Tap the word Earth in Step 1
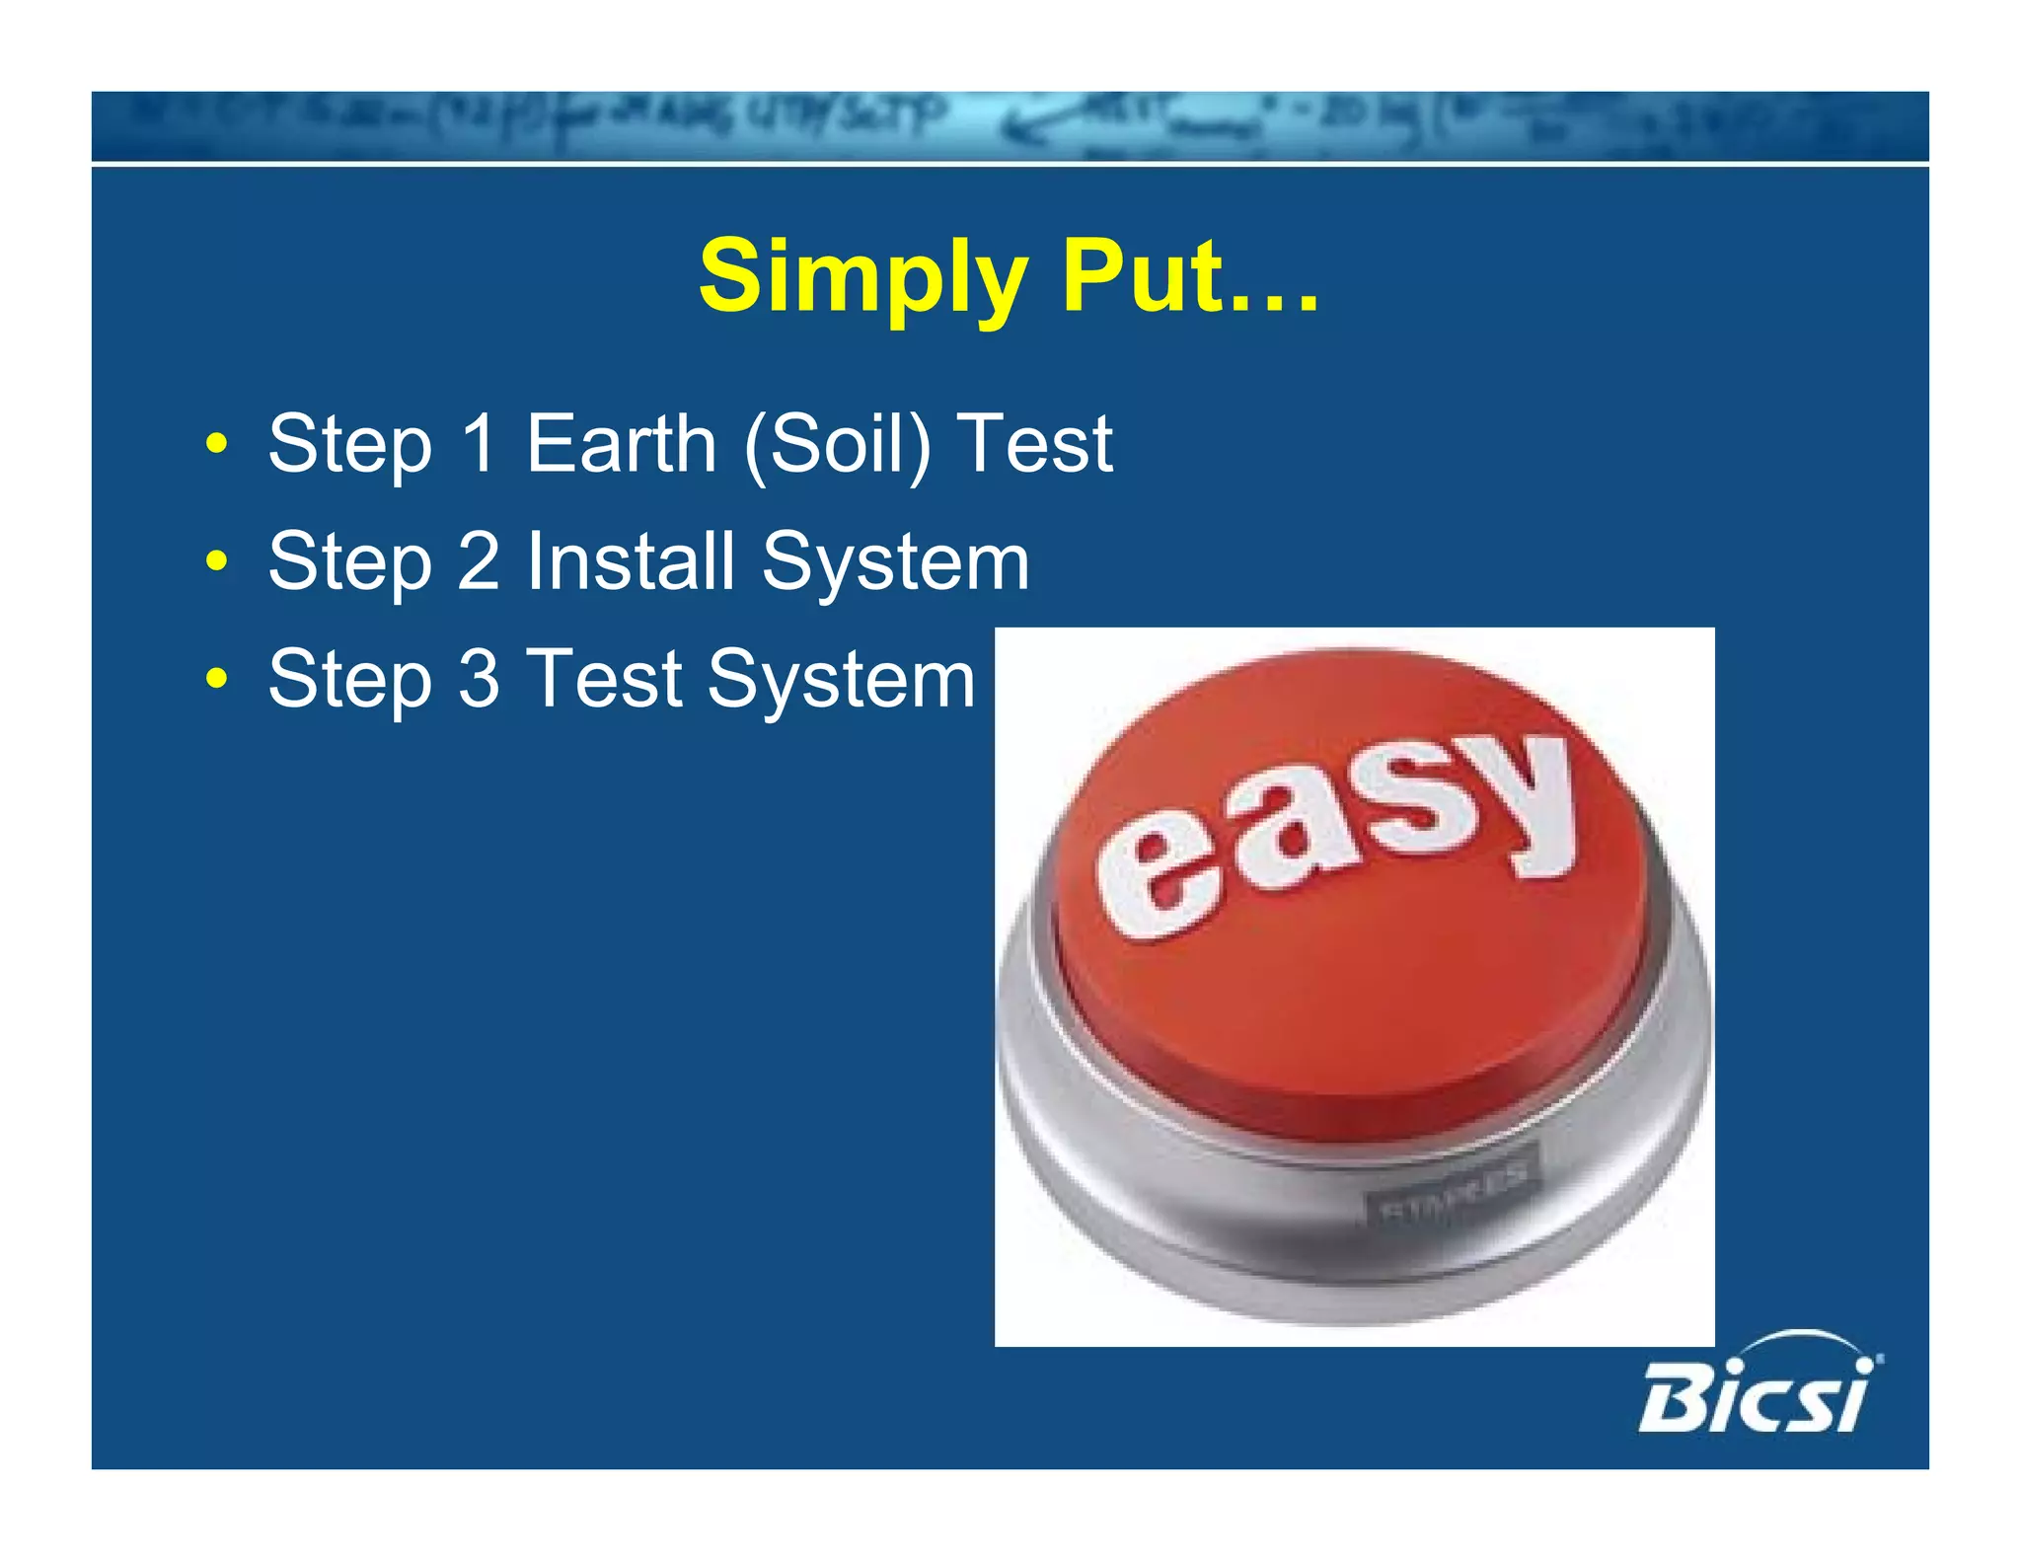[621, 444]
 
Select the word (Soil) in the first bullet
[837, 445]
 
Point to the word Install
[631, 561]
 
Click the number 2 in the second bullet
[480, 561]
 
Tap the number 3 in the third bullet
[480, 679]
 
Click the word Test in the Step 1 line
[1035, 444]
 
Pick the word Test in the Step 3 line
[605, 679]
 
